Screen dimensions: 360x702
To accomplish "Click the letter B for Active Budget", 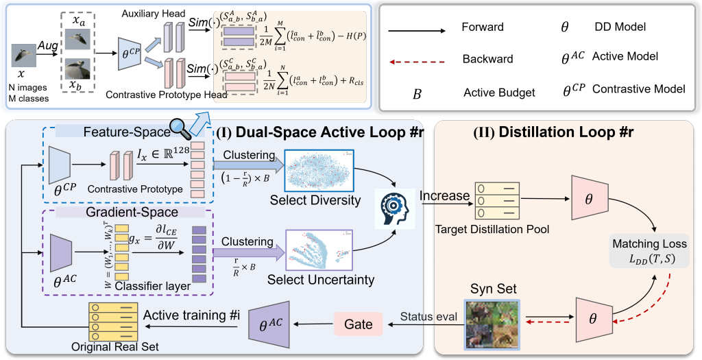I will pos(417,91).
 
